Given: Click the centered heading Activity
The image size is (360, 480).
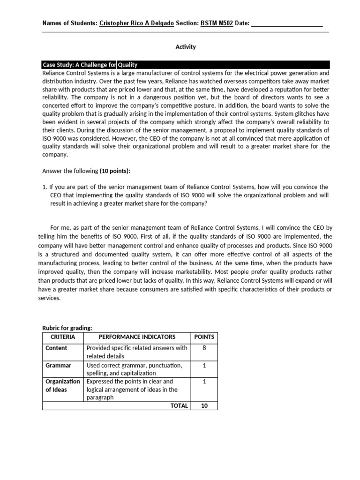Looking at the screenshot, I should pos(186,47).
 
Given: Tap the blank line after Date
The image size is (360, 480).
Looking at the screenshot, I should pos(287,23).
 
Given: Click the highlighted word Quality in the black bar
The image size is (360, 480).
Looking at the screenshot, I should pos(127,65).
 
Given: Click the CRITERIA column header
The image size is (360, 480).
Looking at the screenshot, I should pos(62,337).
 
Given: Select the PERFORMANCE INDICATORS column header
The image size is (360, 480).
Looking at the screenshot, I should pos(137,337).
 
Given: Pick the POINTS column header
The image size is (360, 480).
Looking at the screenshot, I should pos(204,337).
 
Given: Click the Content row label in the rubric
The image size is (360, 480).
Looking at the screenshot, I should pos(56,348).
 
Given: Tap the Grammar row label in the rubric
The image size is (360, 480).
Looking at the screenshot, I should pos(58,365).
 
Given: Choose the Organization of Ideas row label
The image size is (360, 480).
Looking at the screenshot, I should pos(62,385).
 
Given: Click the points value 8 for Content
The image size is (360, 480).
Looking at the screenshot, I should pos(204,348).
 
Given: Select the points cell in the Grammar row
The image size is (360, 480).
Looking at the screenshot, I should pos(204,365).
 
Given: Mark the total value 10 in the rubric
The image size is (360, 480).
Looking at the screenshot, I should pos(204,406).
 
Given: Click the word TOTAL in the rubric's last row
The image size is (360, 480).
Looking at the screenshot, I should pos(179,406).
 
